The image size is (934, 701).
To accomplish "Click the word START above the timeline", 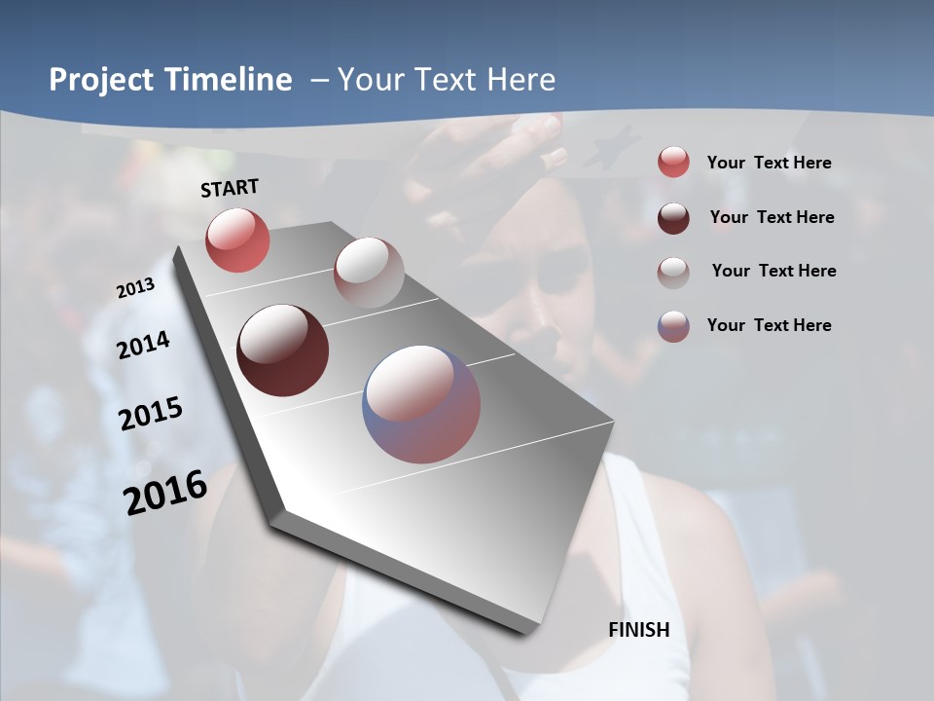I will pos(230,188).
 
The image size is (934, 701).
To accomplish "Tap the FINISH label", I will pos(639,630).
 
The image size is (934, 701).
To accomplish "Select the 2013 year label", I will pos(135,288).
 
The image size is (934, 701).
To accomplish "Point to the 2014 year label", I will pos(144,345).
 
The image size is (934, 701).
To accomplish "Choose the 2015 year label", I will pos(151,414).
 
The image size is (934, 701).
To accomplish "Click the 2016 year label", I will pos(165,492).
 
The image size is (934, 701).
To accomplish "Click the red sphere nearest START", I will pos(237,240).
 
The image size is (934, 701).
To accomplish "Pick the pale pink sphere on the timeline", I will pos(369,273).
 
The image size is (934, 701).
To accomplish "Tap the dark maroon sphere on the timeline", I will pos(283,350).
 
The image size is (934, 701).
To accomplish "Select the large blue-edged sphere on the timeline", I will pos(421,404).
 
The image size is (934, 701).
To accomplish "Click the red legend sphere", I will pos(673,163).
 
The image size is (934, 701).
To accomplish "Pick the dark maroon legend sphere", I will pos(673,218).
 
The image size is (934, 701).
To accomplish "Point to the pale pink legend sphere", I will pos(673,273).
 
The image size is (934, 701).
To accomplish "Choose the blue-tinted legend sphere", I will pos(673,326).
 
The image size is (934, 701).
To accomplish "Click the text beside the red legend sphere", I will pos(769,164).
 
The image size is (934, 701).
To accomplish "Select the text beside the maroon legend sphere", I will pos(772,217).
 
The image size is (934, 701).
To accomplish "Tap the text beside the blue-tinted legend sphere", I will pos(769,325).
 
